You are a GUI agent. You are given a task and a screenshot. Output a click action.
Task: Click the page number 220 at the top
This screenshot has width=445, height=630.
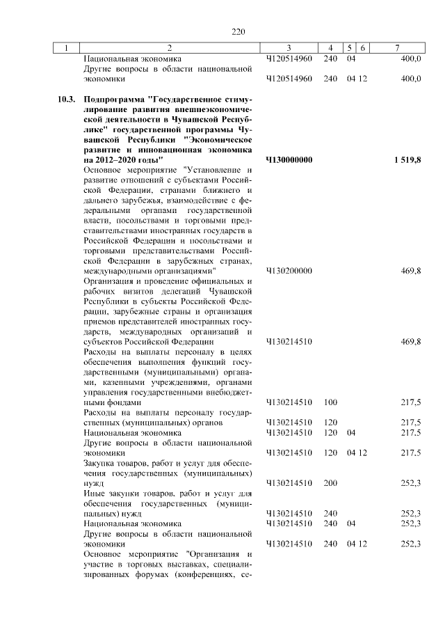[239, 31]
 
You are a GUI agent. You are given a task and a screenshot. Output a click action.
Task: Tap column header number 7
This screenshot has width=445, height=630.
[396, 47]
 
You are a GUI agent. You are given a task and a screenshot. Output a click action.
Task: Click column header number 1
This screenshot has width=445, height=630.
[66, 47]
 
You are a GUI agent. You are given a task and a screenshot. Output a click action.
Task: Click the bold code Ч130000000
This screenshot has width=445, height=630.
[289, 160]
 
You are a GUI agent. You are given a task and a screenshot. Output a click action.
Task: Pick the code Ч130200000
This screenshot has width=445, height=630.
[289, 271]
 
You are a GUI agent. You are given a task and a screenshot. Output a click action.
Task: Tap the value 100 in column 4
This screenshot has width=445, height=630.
[330, 402]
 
